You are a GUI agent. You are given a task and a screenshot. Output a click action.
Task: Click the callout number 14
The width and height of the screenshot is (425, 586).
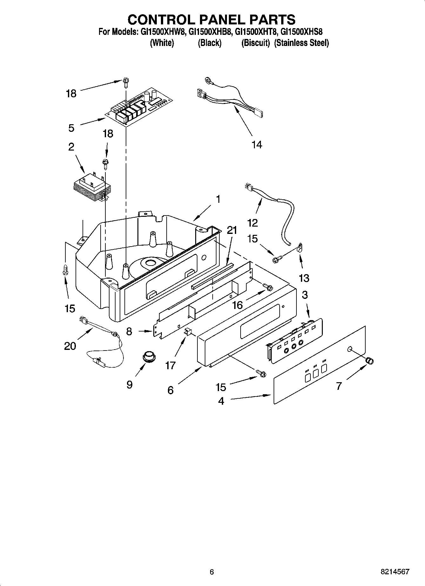click(x=257, y=145)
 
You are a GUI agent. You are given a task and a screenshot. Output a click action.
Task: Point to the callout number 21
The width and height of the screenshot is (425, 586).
click(x=232, y=230)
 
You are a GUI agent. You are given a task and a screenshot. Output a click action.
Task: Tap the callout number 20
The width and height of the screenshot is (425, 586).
click(x=70, y=346)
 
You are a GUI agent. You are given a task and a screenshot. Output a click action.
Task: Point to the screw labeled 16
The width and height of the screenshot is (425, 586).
click(x=268, y=287)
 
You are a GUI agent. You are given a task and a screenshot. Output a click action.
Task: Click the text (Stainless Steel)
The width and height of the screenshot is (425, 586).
click(x=301, y=43)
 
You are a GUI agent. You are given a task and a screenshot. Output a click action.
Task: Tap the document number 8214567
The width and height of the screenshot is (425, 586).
click(x=395, y=572)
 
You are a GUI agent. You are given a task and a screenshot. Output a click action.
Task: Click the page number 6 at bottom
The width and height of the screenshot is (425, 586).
click(x=212, y=572)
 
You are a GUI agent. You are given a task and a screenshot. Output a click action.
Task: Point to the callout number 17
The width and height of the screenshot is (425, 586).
click(x=170, y=365)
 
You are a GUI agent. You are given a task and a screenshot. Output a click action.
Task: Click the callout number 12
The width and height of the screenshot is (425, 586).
click(x=253, y=223)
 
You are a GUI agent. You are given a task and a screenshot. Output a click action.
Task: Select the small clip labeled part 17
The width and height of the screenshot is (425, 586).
click(x=187, y=332)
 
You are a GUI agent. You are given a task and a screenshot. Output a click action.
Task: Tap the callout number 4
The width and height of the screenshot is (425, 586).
click(x=221, y=401)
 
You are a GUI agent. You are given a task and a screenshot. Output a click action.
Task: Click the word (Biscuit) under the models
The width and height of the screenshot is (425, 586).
click(x=256, y=43)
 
